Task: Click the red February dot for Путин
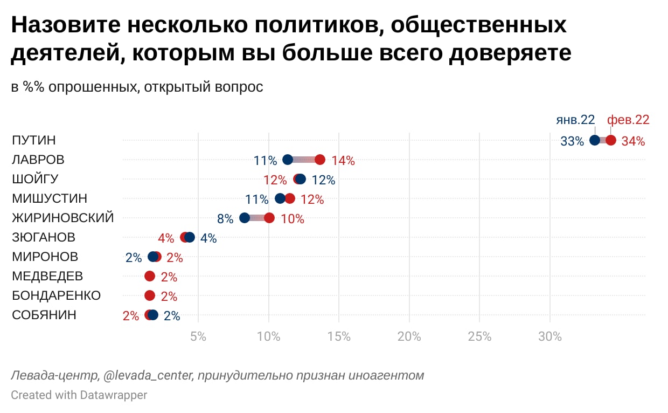610,140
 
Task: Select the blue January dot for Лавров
288,160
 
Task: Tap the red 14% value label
343,161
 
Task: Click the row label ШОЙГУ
35,179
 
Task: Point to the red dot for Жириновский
269,218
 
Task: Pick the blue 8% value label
225,219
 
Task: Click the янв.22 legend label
575,120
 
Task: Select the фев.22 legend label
628,120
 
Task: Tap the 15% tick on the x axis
339,337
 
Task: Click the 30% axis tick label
550,337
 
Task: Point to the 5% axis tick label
198,337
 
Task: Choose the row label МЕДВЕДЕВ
47,276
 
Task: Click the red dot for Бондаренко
150,295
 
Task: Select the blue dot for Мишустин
280,198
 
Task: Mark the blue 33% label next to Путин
572,141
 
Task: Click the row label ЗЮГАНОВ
44,237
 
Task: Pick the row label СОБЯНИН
44,315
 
